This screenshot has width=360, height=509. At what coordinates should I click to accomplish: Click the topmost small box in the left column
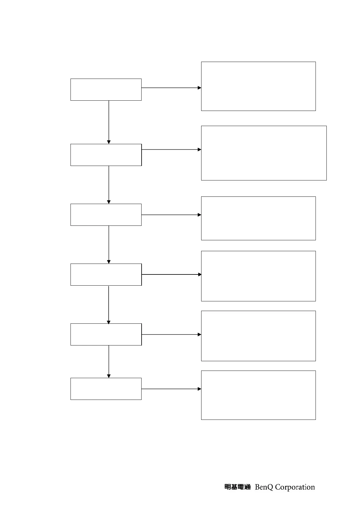pos(106,89)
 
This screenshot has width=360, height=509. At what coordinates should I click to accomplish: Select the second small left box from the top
pos(106,155)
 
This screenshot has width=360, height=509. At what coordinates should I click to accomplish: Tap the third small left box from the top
pos(106,215)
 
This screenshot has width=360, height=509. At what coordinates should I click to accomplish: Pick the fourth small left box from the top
pos(106,274)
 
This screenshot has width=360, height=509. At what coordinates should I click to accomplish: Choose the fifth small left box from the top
pos(106,334)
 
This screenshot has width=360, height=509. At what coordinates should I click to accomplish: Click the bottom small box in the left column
pos(106,389)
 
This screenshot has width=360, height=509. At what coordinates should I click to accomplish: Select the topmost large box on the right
pos(258,86)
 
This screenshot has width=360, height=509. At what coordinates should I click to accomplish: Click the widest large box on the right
pos(264,153)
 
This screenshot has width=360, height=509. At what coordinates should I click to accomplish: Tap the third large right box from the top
pos(258,218)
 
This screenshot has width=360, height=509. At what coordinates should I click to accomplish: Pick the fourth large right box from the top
pos(258,276)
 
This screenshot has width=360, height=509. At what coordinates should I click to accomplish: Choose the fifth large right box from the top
pos(258,336)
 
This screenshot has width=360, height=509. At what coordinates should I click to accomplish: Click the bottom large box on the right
pos(258,395)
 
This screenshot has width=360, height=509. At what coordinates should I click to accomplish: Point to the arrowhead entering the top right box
pos(199,88)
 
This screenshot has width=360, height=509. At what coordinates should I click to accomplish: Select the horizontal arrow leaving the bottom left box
pos(171,389)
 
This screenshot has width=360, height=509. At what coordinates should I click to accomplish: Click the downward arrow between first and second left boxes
pos(109,122)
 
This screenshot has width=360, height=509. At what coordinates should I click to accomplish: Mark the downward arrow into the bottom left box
pos(109,361)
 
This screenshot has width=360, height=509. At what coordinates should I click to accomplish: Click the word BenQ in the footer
pos(264,487)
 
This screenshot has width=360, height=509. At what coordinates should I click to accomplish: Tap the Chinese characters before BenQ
pos(237,487)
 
